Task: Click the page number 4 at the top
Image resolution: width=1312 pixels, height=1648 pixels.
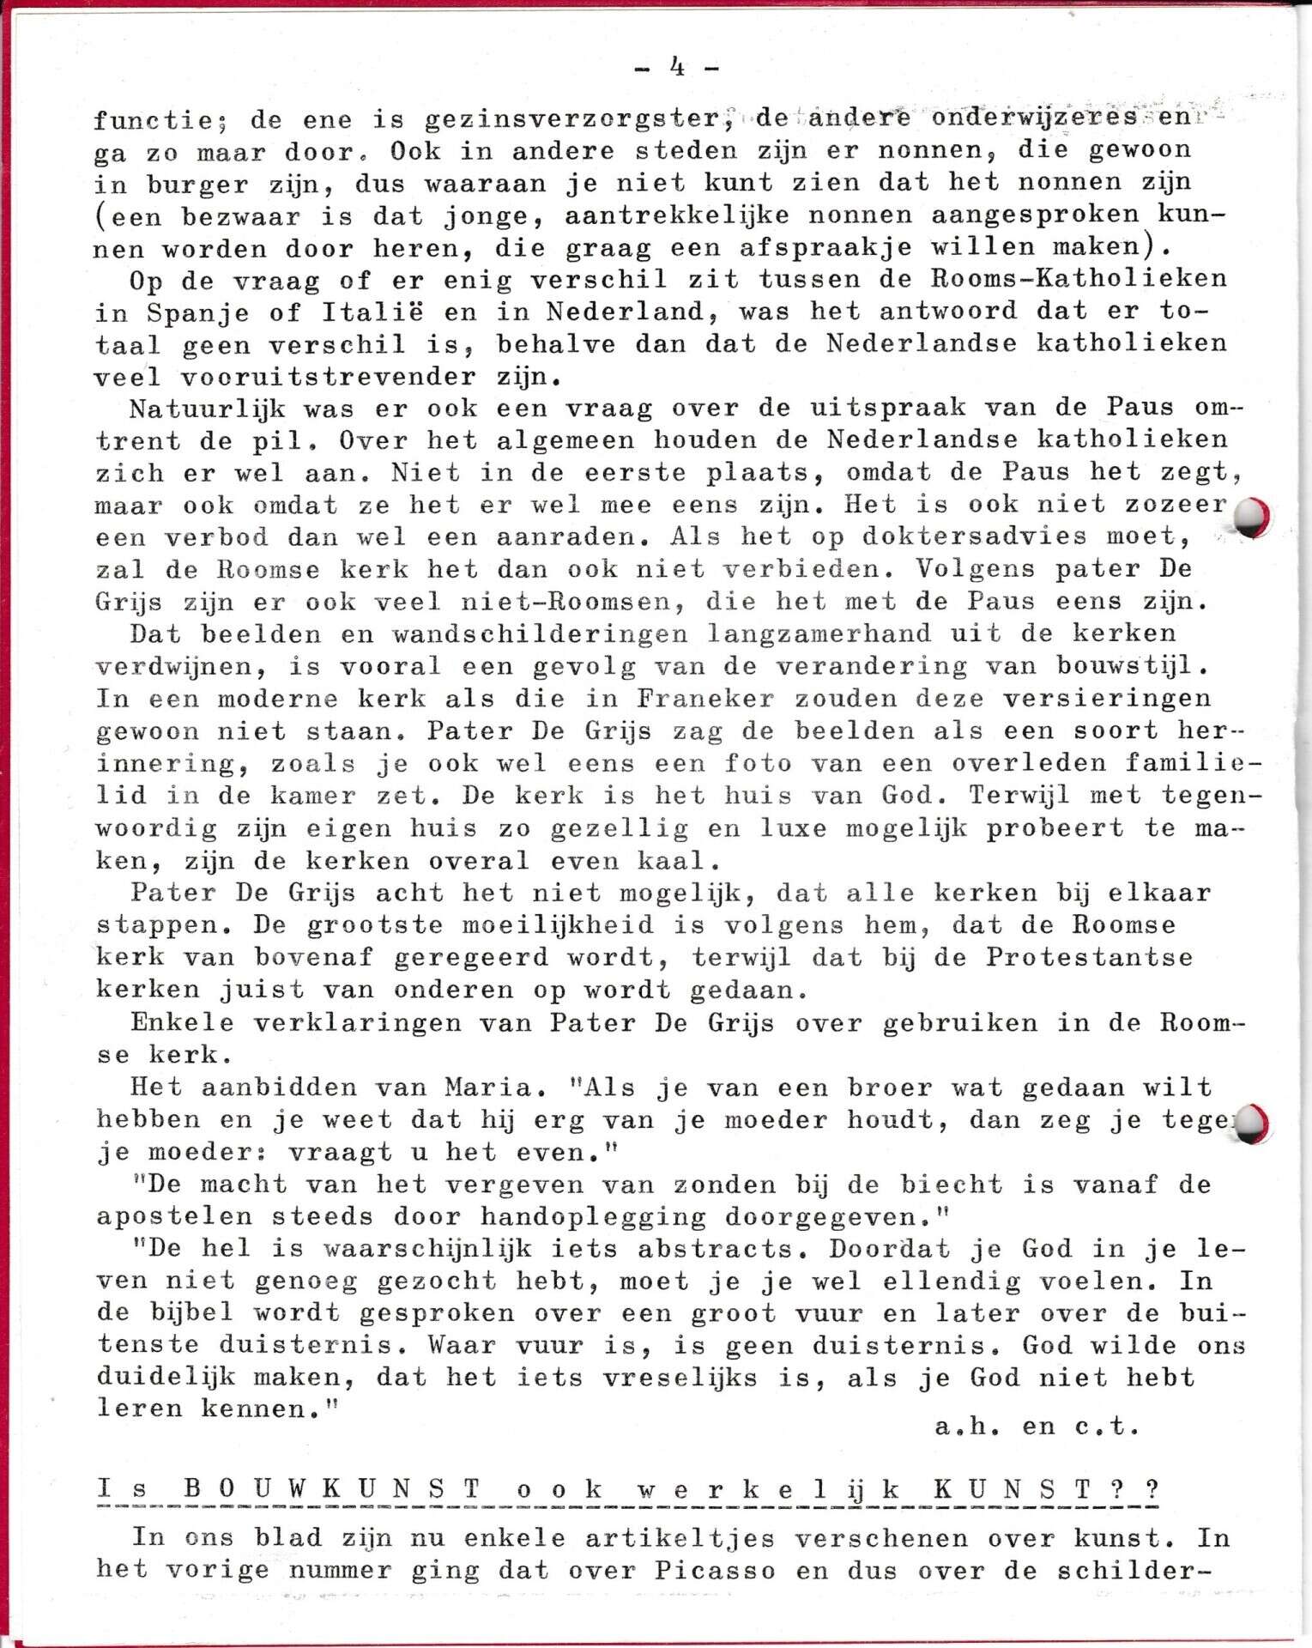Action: coord(677,68)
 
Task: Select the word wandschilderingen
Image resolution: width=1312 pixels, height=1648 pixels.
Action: coord(540,633)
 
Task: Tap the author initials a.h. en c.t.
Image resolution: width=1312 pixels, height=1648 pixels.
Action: coord(1037,1427)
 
